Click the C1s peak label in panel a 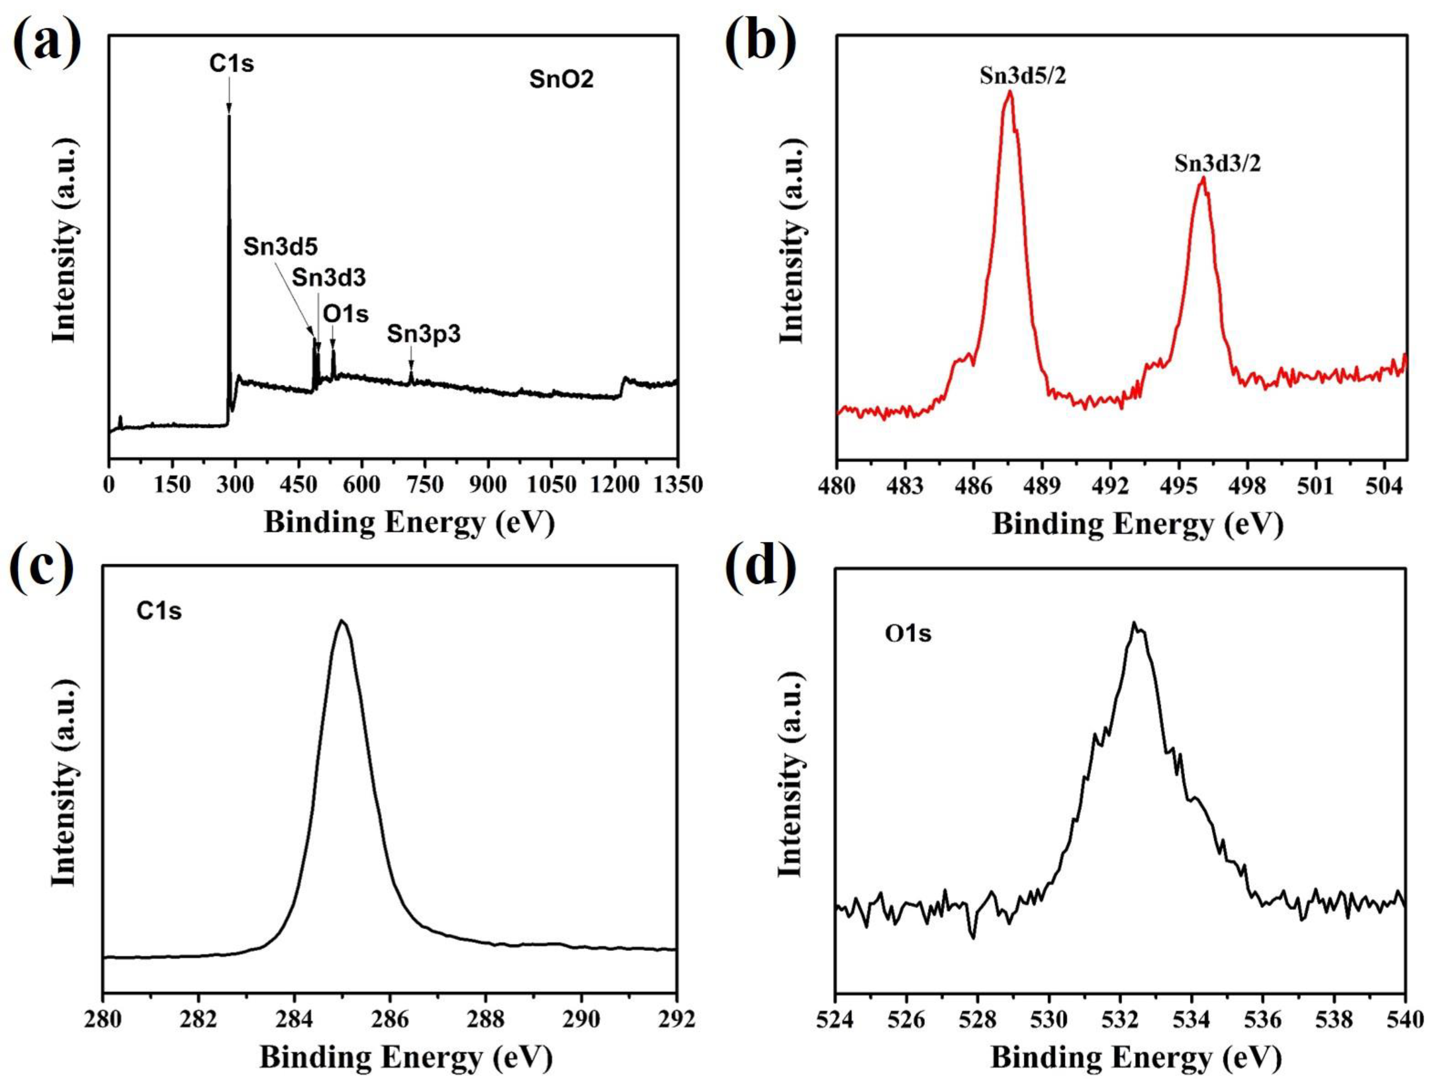coord(231,64)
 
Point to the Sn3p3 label coord(424,335)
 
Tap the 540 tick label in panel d coord(1404,1020)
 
